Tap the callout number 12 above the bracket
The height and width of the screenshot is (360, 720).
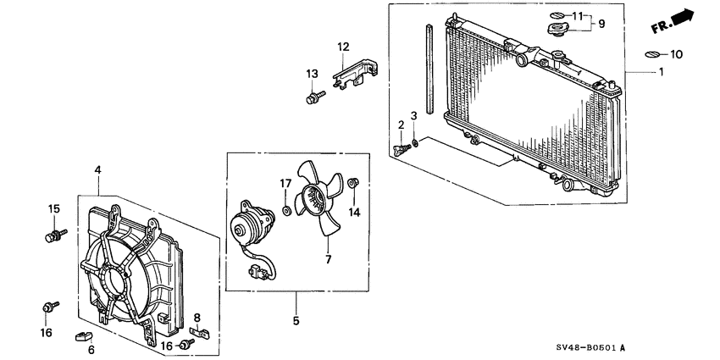[343, 46]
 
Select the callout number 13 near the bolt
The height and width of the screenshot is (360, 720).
[311, 74]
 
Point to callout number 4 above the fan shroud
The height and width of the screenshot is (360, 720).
[98, 170]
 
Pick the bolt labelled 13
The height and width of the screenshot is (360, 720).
[311, 99]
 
